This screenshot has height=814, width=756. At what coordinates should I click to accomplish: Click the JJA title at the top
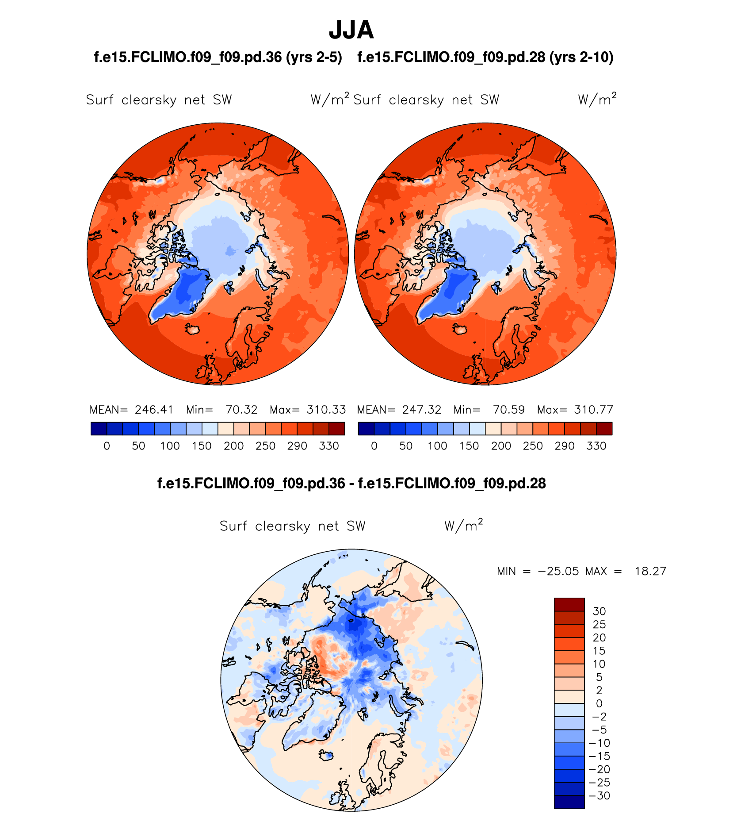click(x=351, y=30)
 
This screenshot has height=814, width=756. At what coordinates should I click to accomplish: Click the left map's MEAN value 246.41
click(x=154, y=410)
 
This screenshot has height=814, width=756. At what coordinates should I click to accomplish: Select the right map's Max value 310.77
click(x=594, y=410)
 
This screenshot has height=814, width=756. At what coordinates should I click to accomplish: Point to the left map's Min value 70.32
click(x=241, y=410)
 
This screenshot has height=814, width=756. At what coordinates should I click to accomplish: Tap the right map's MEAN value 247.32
click(x=421, y=410)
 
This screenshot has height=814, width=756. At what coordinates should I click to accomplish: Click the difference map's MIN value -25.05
click(x=558, y=571)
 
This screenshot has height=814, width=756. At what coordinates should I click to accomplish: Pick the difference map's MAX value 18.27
click(x=650, y=571)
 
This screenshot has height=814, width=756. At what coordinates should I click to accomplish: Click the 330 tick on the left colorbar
click(x=329, y=446)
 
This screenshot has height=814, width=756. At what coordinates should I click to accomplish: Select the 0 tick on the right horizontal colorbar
click(x=374, y=446)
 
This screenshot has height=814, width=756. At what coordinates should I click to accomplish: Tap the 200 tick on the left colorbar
click(x=233, y=446)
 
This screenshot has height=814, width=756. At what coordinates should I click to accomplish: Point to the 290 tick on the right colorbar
click(x=565, y=446)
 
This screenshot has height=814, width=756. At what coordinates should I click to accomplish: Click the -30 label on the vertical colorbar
click(x=600, y=796)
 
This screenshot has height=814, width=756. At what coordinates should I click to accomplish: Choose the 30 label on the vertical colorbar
click(x=599, y=611)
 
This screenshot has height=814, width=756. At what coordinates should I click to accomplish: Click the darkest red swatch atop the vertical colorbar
click(x=569, y=604)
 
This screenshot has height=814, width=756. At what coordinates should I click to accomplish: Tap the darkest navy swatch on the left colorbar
click(x=99, y=429)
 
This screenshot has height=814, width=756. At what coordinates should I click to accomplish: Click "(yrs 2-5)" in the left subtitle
click(x=314, y=58)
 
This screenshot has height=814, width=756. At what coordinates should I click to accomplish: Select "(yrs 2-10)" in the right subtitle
click(x=581, y=58)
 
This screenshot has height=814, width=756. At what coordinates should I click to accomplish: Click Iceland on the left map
click(x=193, y=329)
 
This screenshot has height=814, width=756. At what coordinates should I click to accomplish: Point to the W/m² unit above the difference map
click(x=463, y=526)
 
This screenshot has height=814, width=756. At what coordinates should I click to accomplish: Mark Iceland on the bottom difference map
click(x=326, y=756)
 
